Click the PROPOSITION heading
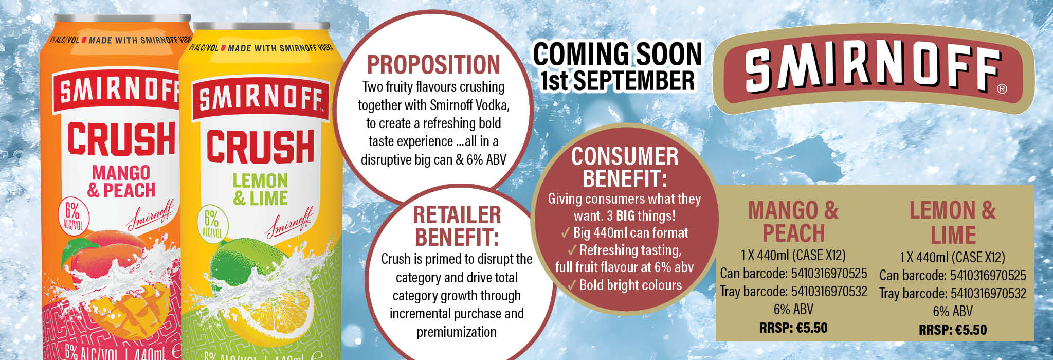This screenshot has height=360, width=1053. [x=433, y=65]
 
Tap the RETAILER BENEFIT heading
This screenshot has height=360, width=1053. [x=457, y=226]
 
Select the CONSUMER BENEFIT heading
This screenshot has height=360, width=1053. [x=625, y=168]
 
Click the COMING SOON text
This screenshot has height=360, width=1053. [x=618, y=55]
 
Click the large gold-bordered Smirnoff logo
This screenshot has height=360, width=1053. [x=879, y=69]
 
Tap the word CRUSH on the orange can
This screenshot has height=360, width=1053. [x=121, y=138]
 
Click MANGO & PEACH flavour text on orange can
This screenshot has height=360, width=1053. [x=121, y=181]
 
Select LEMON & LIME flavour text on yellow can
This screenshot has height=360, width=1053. [x=260, y=189]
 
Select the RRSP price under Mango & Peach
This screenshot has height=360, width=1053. [x=793, y=328]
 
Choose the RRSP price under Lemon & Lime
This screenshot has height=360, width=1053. [x=953, y=330]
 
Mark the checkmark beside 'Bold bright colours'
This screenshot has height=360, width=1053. [x=572, y=285]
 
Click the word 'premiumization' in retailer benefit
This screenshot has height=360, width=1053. [x=457, y=332]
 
